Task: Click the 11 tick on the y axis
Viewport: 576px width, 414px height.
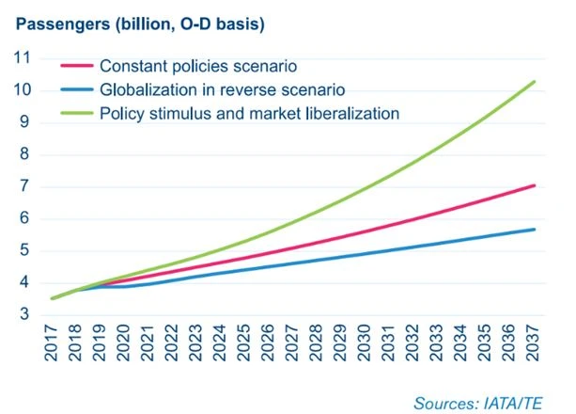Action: click(23, 58)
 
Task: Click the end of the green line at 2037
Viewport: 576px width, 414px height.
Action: click(535, 82)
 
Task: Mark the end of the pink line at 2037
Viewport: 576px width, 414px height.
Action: click(535, 185)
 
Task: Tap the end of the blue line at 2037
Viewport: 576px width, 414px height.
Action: click(535, 230)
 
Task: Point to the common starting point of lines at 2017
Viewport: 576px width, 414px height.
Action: click(53, 298)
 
